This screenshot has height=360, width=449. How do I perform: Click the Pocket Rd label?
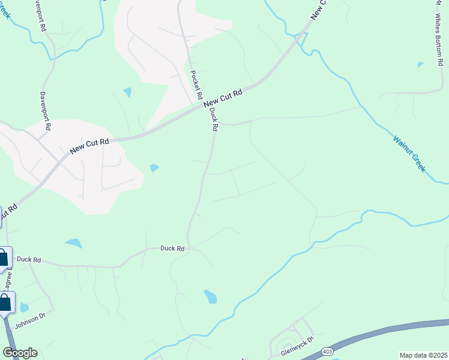196,85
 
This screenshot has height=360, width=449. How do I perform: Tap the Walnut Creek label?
409,154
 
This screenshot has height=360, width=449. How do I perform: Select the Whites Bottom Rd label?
439,37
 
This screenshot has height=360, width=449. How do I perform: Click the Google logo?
20,353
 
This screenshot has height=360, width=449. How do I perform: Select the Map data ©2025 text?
424,355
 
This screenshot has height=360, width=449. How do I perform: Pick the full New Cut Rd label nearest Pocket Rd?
223,99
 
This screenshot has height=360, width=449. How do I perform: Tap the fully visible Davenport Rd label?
43,111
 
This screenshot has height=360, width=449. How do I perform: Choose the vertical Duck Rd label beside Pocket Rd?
214,119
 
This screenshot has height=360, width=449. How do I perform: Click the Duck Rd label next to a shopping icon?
28,260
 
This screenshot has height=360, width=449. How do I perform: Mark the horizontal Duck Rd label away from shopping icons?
172,248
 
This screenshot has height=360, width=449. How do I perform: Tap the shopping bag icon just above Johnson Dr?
5,303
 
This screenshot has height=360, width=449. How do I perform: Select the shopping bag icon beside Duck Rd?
4,259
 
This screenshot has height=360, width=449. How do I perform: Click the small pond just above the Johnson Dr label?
23,308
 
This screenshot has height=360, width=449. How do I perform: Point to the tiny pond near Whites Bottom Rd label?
420,64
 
